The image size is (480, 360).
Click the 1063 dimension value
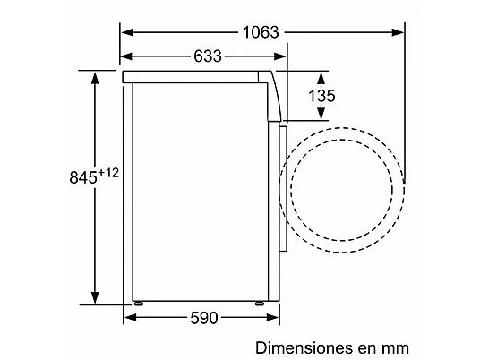tap(261, 32)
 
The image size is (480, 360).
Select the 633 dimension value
tap(208, 56)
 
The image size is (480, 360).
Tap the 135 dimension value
tap(321, 96)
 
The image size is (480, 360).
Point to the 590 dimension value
tap(204, 318)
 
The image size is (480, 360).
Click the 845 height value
tap(83, 177)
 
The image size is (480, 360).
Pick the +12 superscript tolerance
tap(108, 173)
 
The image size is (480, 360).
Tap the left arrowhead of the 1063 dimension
tap(127, 32)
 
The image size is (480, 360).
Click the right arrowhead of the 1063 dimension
tap(398, 32)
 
